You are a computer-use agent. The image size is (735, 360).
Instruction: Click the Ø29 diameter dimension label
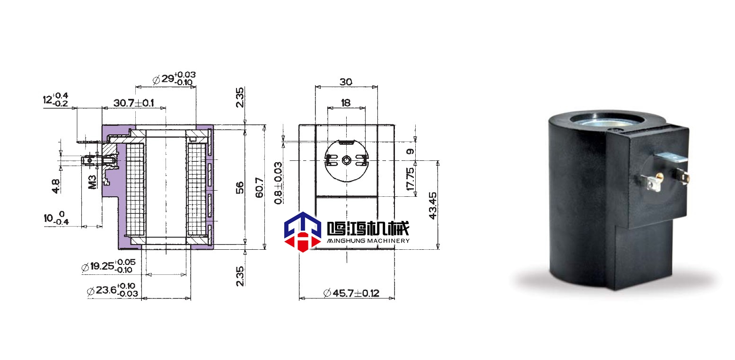tap(174, 79)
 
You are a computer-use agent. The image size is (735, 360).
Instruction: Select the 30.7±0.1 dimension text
tap(134, 103)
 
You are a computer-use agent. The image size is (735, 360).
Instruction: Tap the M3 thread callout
tap(93, 182)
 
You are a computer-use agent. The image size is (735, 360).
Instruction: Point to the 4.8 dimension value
tap(56, 186)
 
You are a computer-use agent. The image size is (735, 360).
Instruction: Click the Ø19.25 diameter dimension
tap(108, 266)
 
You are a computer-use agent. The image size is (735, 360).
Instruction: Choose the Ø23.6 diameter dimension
tap(113, 290)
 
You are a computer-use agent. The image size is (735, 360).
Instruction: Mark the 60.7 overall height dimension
tap(259, 188)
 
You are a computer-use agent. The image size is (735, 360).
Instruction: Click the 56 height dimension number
tap(240, 188)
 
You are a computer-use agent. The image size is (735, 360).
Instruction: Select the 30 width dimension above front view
tap(346, 82)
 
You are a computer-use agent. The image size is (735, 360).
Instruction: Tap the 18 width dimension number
tap(346, 103)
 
